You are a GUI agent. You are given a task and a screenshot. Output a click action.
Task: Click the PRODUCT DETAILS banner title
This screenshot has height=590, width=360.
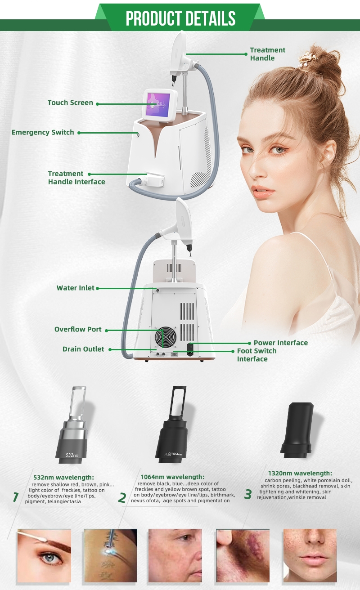pos(180,18)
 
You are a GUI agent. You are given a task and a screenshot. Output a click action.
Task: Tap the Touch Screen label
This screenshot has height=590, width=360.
pos(70,103)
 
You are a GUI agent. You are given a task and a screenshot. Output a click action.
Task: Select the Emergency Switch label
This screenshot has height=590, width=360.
pos(43,132)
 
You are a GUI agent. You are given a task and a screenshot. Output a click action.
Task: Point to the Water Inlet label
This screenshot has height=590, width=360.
pos(75,288)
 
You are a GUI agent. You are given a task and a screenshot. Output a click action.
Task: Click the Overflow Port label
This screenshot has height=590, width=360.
pos(78,329)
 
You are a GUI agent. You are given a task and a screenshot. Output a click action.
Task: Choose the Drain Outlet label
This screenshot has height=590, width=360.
pos(83,349)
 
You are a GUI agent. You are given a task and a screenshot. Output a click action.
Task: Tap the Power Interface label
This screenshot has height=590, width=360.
pos(281,343)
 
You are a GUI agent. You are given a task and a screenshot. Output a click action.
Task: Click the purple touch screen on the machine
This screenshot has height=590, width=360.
pos(158,105)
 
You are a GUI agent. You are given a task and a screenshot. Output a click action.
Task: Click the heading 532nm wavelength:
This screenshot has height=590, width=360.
pos(63,477)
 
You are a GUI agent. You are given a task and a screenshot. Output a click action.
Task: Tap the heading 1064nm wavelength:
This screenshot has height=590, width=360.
pos(172,477)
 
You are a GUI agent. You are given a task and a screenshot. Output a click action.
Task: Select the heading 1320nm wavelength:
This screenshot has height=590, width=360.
pos(300,474)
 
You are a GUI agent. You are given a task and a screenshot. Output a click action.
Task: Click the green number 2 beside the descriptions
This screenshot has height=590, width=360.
pos(122,498)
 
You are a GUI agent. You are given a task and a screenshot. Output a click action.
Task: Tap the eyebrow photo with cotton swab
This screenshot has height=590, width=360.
pos(44,555)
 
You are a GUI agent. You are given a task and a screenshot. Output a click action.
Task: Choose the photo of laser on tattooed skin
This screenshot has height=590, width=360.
pos(110,555)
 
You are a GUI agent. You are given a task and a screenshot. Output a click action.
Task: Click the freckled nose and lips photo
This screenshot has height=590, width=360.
pos(310,555)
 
